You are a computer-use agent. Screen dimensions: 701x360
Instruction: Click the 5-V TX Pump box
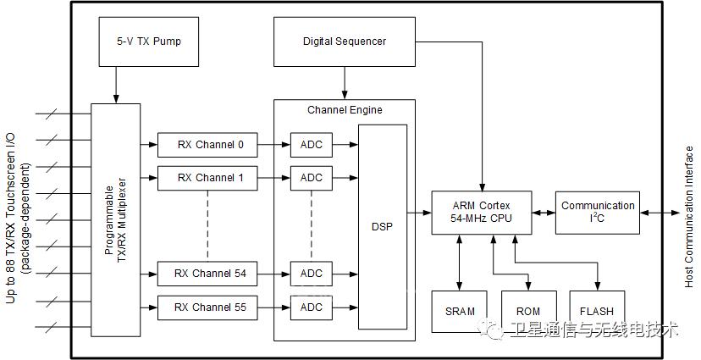pyautogui.click(x=149, y=42)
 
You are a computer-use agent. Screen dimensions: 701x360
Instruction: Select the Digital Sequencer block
pyautogui.click(x=345, y=42)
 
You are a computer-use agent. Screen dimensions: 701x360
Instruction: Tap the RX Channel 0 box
pyautogui.click(x=207, y=145)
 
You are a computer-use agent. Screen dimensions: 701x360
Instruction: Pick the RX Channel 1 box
pyautogui.click(x=207, y=178)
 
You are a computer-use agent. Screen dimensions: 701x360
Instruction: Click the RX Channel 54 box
pyautogui.click(x=207, y=274)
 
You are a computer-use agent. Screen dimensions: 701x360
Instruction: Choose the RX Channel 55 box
pyautogui.click(x=207, y=307)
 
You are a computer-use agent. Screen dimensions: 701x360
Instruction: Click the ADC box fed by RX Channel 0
pyautogui.click(x=312, y=145)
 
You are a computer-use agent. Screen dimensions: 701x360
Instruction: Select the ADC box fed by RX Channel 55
pyautogui.click(x=312, y=307)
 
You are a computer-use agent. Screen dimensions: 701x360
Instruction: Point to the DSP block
pyautogui.click(x=383, y=227)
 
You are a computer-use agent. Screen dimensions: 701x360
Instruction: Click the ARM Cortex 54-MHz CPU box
pyautogui.click(x=482, y=213)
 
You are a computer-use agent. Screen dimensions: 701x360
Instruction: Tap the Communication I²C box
pyautogui.click(x=597, y=213)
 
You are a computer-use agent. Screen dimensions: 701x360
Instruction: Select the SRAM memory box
pyautogui.click(x=459, y=312)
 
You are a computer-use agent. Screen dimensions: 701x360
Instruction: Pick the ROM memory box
pyautogui.click(x=529, y=312)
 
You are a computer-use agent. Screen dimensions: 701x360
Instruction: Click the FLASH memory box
pyautogui.click(x=597, y=312)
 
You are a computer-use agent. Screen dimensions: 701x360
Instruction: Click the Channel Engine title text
pyautogui.click(x=345, y=110)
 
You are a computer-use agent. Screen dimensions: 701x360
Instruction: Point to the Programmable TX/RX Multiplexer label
pyautogui.click(x=115, y=220)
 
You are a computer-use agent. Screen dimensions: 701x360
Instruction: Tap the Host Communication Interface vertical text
pyautogui.click(x=689, y=217)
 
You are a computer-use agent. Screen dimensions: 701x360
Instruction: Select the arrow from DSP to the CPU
pyautogui.click(x=419, y=213)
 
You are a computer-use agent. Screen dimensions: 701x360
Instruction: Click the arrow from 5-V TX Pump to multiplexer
pyautogui.click(x=116, y=85)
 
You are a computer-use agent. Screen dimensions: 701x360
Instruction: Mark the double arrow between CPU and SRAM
pyautogui.click(x=459, y=263)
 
